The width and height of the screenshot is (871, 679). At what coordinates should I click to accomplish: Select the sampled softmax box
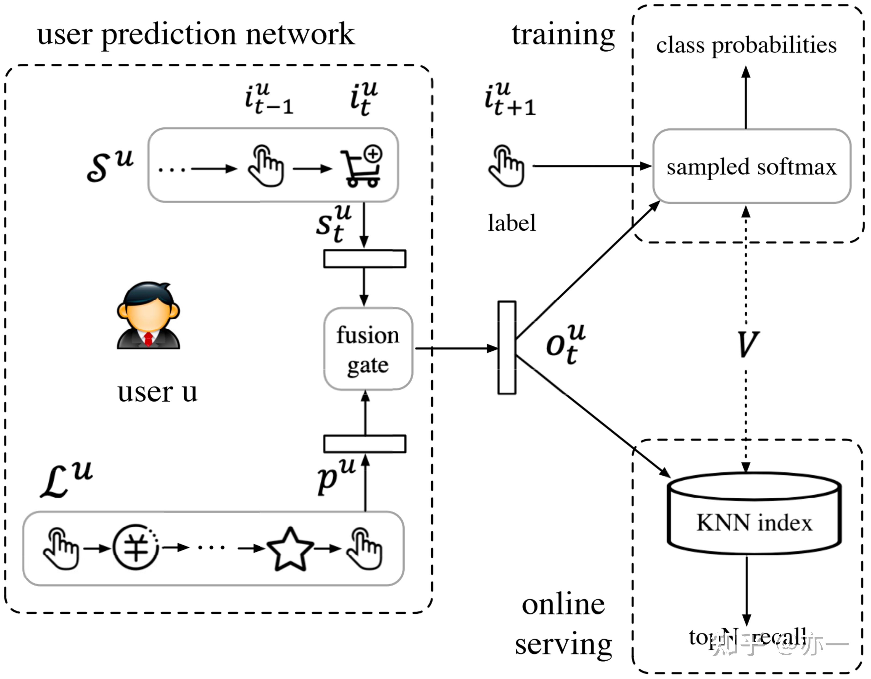751,166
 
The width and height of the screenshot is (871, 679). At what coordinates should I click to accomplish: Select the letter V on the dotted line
747,344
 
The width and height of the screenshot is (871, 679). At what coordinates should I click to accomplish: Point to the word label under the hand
512,223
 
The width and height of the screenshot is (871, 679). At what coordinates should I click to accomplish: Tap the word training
563,35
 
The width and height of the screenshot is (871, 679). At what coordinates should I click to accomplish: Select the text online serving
563,624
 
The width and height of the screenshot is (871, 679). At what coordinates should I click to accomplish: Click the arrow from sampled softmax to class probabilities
746,98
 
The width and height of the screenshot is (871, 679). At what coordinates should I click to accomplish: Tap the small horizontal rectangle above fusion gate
365,259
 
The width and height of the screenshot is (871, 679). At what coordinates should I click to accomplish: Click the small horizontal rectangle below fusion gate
365,444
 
